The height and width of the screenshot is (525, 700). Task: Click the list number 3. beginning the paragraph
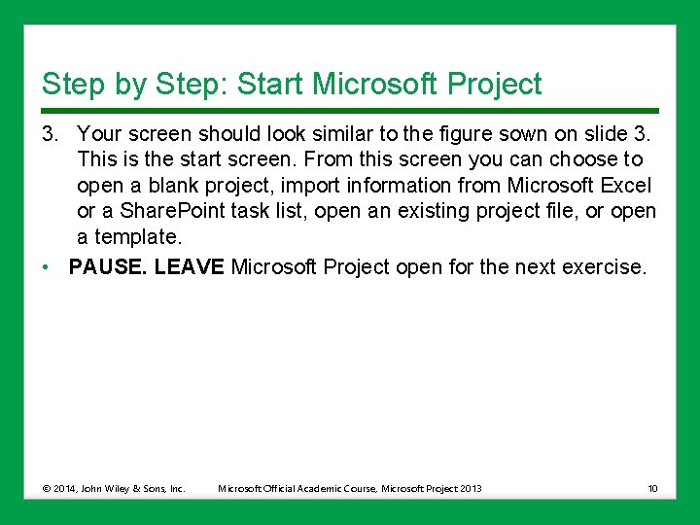[x=51, y=133]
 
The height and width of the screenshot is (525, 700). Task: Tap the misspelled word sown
[x=522, y=133]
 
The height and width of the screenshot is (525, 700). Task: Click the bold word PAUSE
[x=108, y=266]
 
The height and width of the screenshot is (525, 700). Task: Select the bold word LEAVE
[x=190, y=266]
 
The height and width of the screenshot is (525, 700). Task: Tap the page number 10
[x=651, y=488]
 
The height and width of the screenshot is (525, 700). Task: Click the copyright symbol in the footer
[x=47, y=488]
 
